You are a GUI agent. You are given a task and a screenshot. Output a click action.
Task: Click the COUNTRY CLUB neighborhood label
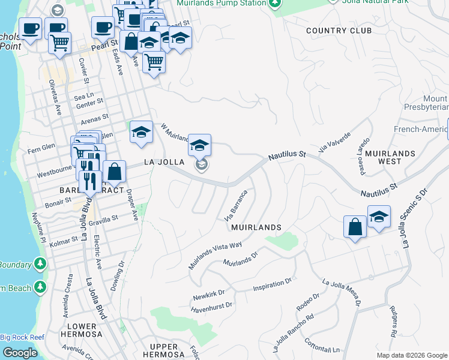[339, 31]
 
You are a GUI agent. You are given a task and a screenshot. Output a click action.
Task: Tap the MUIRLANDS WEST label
[390, 157]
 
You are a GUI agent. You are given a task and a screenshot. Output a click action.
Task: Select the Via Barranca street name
[236, 205]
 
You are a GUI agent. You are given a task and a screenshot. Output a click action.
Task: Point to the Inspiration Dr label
[272, 282]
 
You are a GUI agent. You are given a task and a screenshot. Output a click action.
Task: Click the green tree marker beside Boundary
[40, 263]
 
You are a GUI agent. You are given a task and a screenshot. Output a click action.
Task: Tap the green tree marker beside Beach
[40, 287]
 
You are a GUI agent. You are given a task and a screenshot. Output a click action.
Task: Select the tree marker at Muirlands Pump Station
[274, 3]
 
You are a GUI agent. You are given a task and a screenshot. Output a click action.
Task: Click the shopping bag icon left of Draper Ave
[114, 172]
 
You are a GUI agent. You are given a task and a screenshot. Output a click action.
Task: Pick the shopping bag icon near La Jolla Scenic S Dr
[355, 227]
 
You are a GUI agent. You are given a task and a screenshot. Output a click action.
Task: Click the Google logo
[20, 353]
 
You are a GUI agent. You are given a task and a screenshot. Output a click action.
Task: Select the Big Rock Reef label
[22, 337]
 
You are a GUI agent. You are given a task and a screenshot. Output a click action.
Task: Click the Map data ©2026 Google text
[411, 355]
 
